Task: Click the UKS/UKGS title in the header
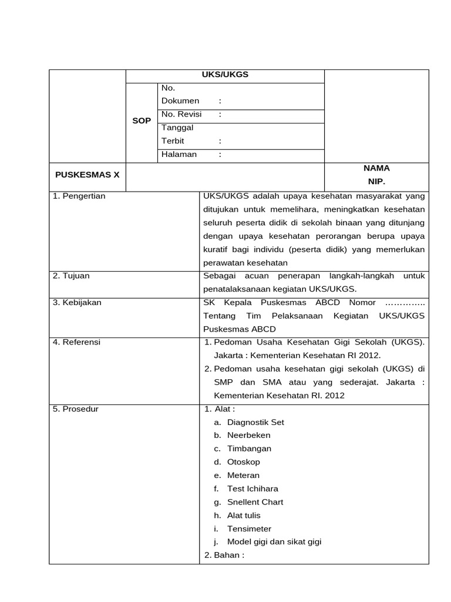click(x=225, y=75)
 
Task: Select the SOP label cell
click(x=142, y=121)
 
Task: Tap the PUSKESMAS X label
click(x=87, y=175)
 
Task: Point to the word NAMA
click(x=376, y=168)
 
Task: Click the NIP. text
click(x=376, y=182)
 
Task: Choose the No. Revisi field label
click(x=181, y=115)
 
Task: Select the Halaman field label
click(x=179, y=155)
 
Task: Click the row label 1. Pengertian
click(x=79, y=196)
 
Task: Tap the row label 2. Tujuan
click(x=71, y=276)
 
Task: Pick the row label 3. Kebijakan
click(x=77, y=302)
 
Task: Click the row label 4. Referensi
click(x=76, y=342)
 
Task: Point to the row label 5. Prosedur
click(x=76, y=409)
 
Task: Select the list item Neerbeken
click(x=249, y=436)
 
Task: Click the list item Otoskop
click(x=244, y=462)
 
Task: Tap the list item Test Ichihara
click(x=253, y=489)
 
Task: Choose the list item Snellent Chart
click(x=255, y=502)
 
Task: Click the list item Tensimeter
click(x=249, y=529)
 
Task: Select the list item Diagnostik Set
click(x=255, y=422)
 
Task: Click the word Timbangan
click(x=249, y=449)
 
